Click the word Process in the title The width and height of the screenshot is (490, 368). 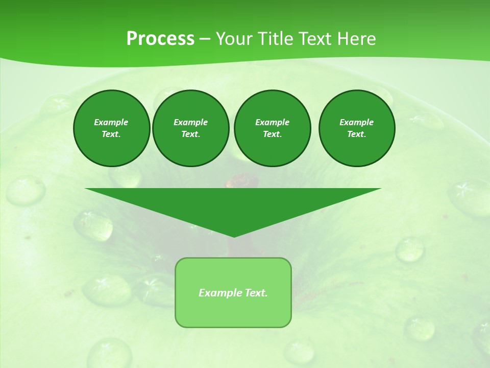[160, 39]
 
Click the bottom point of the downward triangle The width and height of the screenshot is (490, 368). [234, 236]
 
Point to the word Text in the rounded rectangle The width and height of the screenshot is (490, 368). [256, 293]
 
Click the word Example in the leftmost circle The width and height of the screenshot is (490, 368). [111, 122]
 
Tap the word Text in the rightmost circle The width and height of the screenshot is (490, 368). [356, 134]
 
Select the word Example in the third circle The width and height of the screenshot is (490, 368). [272, 122]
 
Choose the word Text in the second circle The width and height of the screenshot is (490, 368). [190, 134]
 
